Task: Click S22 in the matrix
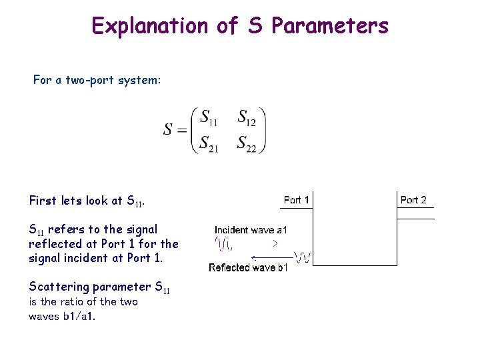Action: (247, 143)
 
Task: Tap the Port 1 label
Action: (297, 200)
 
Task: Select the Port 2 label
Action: (413, 200)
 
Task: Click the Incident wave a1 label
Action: (251, 230)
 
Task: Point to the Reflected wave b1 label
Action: (248, 268)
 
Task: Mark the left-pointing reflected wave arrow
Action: (272, 257)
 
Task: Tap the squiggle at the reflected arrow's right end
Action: (303, 257)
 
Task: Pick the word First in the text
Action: (43, 200)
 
